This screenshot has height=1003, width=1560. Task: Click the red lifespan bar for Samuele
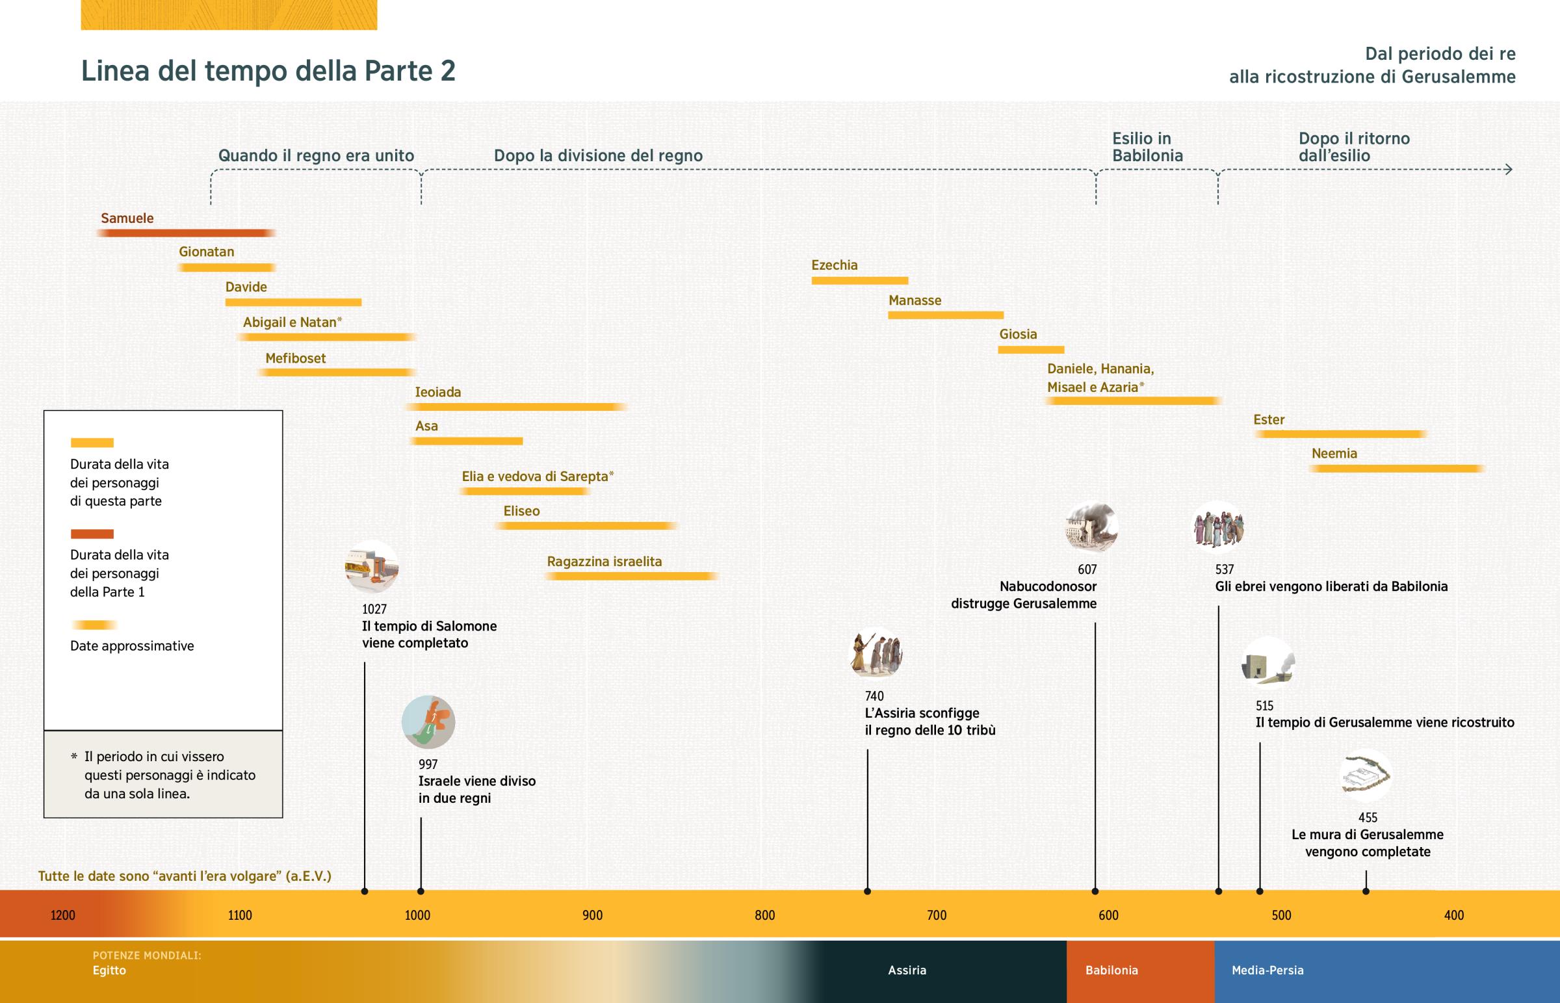185,233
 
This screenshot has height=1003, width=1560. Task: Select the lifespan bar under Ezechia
859,281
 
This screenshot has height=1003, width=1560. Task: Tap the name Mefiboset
295,358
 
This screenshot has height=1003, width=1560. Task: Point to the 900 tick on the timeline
593,915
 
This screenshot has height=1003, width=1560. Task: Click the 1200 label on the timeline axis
63,915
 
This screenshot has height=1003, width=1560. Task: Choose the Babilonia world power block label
1111,970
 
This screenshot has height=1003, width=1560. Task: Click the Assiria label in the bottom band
907,970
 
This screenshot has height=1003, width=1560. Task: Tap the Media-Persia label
1267,970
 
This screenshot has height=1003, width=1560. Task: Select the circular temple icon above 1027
371,567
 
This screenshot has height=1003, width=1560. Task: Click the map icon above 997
428,722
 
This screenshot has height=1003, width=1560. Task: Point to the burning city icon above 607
1091,527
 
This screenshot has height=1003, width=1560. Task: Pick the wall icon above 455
1366,775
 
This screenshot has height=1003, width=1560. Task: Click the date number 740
874,696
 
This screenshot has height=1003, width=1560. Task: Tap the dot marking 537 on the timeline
1219,891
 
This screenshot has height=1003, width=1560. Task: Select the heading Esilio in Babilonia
1147,146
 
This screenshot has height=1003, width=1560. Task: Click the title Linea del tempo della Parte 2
268,70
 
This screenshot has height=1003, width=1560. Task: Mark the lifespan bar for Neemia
1396,468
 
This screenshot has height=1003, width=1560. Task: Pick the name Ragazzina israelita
604,562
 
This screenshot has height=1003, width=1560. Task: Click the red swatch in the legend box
92,534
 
